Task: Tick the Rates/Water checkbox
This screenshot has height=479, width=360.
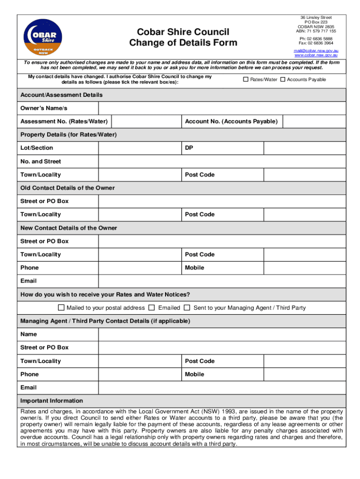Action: (245, 80)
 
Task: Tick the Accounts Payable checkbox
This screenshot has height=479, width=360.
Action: (282, 80)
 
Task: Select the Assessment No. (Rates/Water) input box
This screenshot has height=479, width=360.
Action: (146, 122)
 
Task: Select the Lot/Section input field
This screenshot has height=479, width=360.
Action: (139, 148)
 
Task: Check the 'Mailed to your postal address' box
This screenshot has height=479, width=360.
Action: (61, 308)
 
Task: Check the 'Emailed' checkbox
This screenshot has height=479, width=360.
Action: (151, 308)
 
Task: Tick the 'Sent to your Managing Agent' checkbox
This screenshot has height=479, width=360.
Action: (187, 308)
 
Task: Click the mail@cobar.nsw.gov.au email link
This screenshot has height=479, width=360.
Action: (316, 50)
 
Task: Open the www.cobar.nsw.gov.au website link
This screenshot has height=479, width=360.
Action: (316, 55)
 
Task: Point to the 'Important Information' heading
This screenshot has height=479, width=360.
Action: (51, 401)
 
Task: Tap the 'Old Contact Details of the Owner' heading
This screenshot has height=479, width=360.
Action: (67, 188)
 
